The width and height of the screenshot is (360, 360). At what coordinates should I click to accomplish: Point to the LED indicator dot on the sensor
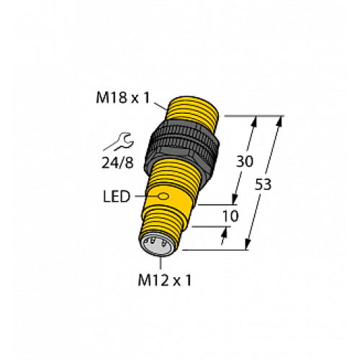pyautogui.click(x=163, y=196)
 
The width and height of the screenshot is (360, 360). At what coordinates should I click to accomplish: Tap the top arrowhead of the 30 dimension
pyautogui.click(x=253, y=120)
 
